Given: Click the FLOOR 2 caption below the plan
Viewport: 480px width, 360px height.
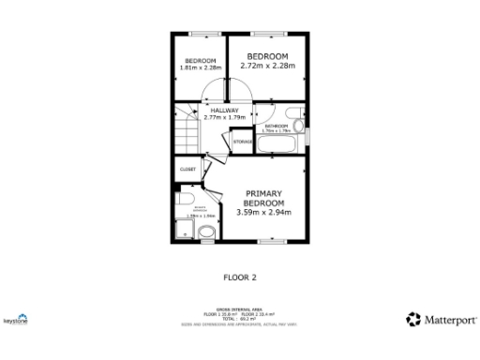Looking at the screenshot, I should (239, 277).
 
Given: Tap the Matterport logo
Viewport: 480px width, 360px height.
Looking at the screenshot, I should (440, 320).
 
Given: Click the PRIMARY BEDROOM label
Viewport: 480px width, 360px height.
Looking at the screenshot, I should (263, 198).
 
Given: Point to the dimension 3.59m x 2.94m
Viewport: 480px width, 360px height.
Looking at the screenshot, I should (263, 213).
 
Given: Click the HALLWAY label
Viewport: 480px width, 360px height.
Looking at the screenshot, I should (224, 110).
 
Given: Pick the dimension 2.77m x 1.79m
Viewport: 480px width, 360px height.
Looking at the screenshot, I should (224, 118).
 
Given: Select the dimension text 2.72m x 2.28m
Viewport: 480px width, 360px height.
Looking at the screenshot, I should (267, 67).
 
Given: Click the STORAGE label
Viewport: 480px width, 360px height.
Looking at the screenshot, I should (242, 142).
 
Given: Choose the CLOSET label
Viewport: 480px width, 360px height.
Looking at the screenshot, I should (187, 169).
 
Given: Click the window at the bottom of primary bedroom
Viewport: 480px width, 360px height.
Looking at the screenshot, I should (272, 243).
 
